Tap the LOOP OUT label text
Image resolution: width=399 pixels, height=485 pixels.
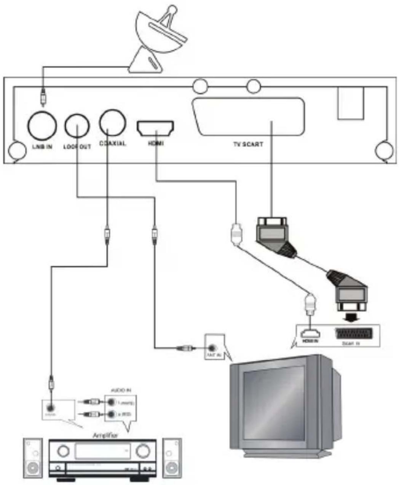[77, 147]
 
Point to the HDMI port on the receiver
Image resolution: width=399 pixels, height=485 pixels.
[155, 128]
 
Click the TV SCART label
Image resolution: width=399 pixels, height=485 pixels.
[248, 145]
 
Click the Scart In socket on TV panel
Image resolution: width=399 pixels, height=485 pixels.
[351, 334]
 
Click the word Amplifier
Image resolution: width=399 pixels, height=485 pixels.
[105, 435]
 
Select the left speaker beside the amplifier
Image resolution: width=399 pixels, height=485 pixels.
[33, 458]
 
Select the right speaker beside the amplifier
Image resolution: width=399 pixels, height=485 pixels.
[172, 458]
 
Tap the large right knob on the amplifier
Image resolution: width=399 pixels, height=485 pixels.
[143, 451]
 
